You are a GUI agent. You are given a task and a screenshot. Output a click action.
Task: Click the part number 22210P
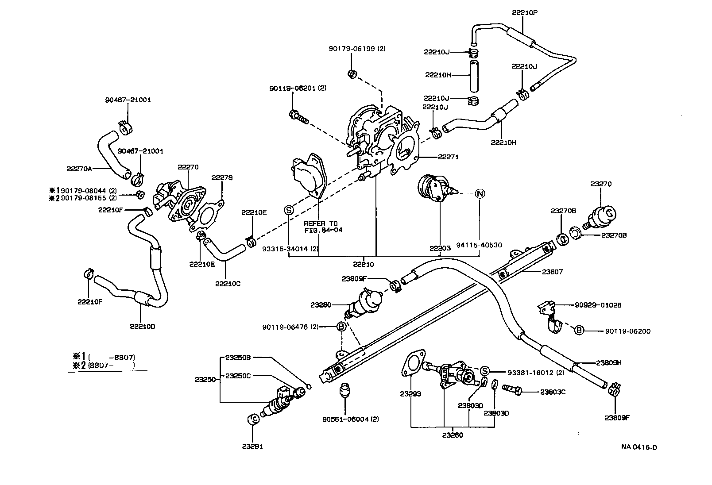tap(525, 13)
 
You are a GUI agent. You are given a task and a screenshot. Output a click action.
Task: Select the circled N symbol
tap(480, 193)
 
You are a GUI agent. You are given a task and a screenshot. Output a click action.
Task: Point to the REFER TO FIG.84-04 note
tap(323, 227)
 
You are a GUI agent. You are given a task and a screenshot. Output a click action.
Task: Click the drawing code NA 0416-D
tap(639, 447)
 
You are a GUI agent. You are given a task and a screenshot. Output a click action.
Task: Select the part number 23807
tap(552, 272)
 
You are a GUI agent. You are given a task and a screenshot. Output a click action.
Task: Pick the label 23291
tap(252, 447)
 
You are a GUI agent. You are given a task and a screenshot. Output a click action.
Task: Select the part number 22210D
tap(143, 327)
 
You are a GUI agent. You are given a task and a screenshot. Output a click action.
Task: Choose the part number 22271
tap(448, 157)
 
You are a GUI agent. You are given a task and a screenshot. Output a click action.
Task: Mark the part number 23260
tap(452, 435)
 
